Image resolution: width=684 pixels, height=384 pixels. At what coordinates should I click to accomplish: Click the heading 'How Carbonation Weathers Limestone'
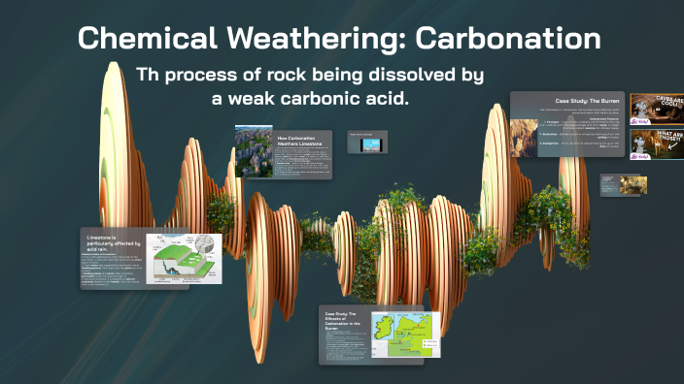pyautogui.click(x=301, y=142)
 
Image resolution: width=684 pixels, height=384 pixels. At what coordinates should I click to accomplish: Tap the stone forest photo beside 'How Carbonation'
pyautogui.click(x=254, y=151)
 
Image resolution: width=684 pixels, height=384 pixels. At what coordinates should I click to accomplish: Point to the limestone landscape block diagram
pyautogui.click(x=183, y=257)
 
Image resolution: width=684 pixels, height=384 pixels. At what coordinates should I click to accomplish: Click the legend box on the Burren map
pyautogui.click(x=430, y=344)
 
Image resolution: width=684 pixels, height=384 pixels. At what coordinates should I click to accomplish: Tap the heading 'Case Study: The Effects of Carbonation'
pyautogui.click(x=342, y=323)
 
